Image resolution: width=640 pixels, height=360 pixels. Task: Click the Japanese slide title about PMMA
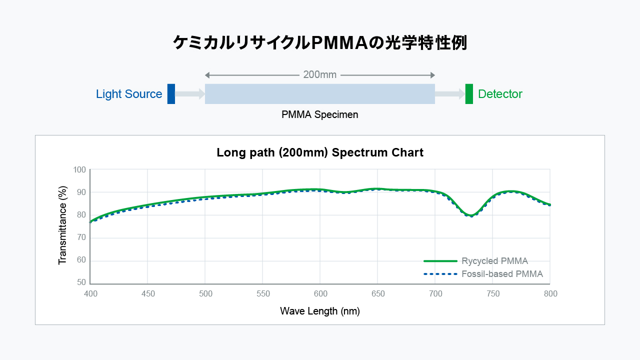tap(320, 43)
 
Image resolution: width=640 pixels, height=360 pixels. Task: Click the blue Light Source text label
tap(129, 94)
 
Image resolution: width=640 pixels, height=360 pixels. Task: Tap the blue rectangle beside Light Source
tap(171, 94)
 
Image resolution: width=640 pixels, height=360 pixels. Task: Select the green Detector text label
tap(500, 94)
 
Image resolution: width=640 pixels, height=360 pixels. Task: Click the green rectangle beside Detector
tap(469, 94)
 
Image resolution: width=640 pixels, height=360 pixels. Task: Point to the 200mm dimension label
tap(320, 75)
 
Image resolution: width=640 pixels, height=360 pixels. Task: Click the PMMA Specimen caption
tap(320, 114)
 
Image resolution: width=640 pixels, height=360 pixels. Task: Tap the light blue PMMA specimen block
tap(320, 94)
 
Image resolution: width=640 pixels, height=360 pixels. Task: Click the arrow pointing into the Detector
tap(450, 94)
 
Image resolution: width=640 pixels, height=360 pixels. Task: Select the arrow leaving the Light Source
tap(190, 94)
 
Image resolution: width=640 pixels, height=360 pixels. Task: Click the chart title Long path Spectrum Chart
tap(320, 152)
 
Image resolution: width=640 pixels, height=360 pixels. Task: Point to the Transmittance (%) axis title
tap(62, 225)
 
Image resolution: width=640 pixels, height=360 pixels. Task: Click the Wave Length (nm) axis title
tap(320, 311)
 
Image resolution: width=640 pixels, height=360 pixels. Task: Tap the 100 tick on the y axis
tap(79, 169)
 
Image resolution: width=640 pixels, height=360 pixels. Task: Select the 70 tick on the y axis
tap(81, 237)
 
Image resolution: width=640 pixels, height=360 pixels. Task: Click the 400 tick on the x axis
tap(90, 294)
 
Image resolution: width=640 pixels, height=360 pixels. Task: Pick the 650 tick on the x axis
tap(378, 294)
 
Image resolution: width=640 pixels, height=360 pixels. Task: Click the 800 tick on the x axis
tap(550, 294)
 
